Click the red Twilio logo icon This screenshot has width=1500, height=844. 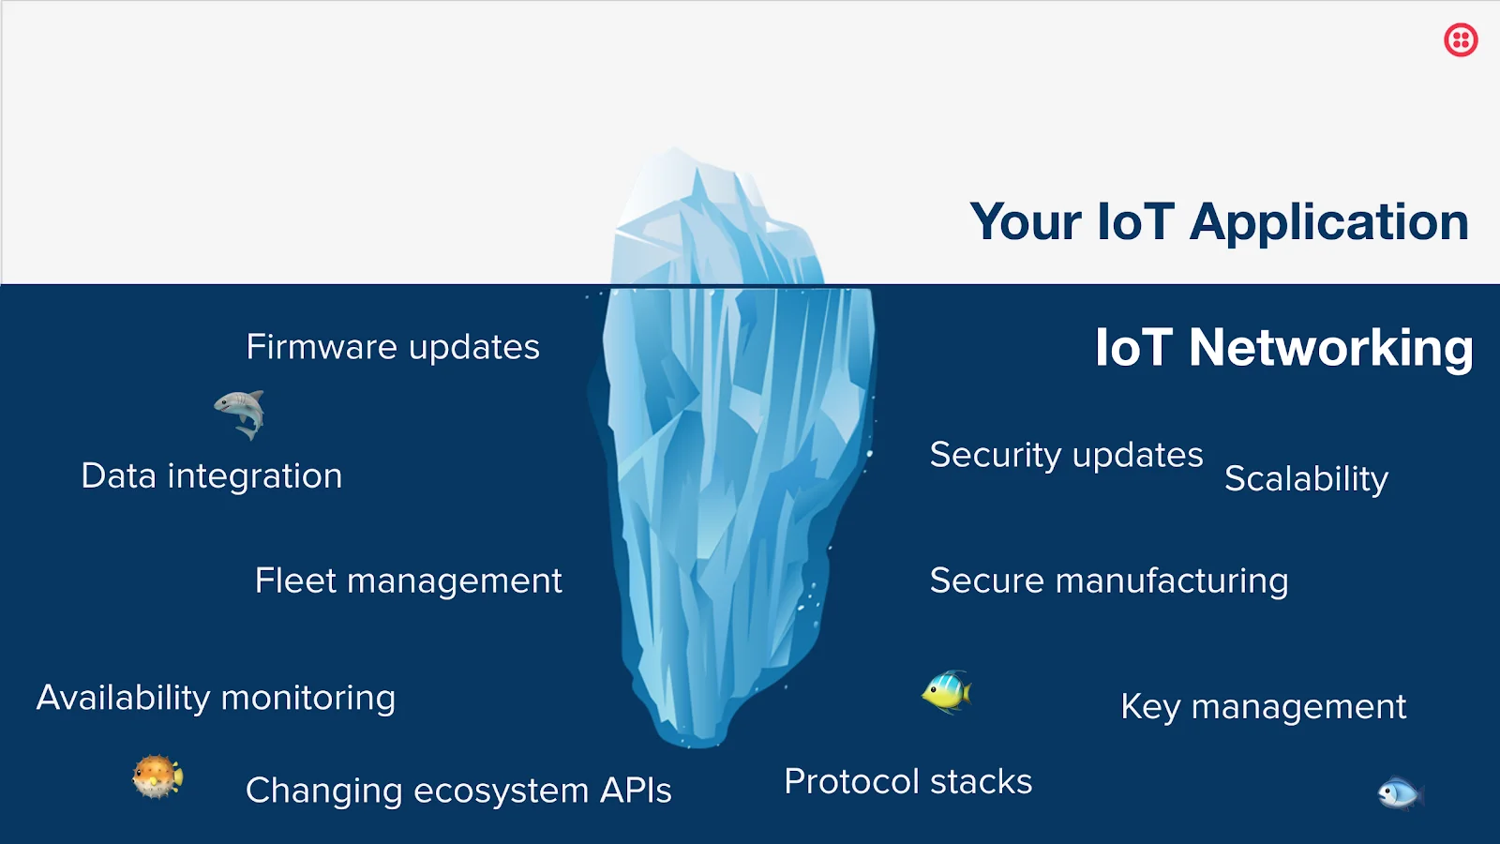click(x=1461, y=40)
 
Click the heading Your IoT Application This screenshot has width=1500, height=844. click(x=1219, y=222)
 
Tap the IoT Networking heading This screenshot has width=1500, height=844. click(x=1283, y=348)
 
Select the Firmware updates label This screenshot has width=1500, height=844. click(x=393, y=348)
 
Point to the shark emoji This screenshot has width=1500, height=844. click(x=240, y=414)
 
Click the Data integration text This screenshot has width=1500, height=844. click(x=212, y=476)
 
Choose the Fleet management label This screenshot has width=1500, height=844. click(x=408, y=581)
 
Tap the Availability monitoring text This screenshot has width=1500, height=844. click(x=216, y=699)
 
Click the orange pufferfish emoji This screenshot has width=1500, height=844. click(x=157, y=776)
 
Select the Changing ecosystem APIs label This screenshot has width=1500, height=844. click(x=458, y=791)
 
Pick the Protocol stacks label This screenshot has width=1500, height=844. click(x=907, y=782)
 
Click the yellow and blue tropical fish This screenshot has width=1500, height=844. click(x=947, y=693)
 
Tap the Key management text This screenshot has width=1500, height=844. click(x=1263, y=707)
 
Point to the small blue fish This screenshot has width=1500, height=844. click(x=1400, y=793)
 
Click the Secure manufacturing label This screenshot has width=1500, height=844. click(x=1109, y=581)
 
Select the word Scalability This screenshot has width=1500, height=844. click(x=1306, y=479)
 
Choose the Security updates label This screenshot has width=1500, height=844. click(x=1066, y=456)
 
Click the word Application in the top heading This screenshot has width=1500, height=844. click(x=1328, y=222)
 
